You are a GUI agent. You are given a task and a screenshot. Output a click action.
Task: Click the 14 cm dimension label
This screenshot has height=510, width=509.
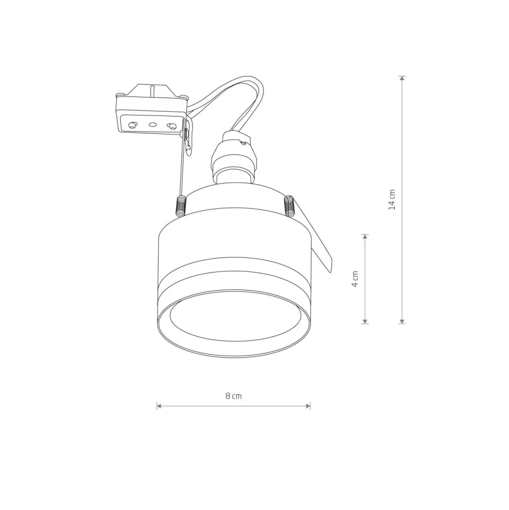click(393, 199)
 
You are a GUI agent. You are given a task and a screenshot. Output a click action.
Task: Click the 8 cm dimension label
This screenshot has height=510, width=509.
click(234, 396)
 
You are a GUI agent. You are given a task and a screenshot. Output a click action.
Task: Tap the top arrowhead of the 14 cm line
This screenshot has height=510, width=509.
click(402, 78)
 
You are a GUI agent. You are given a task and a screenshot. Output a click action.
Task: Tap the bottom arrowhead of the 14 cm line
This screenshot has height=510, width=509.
click(402, 321)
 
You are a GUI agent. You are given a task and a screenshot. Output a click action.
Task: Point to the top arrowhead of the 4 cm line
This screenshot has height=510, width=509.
click(365, 236)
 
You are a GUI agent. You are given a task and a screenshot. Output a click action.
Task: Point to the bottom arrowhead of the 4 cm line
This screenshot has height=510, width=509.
click(365, 321)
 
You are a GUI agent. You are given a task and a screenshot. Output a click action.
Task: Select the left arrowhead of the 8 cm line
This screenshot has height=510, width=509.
click(159, 406)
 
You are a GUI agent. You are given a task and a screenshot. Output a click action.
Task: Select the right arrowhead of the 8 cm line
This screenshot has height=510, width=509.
click(308, 406)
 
